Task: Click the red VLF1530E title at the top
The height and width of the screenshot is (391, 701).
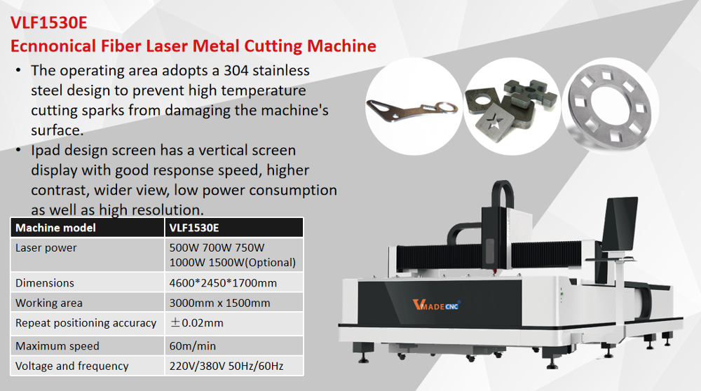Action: [49, 22]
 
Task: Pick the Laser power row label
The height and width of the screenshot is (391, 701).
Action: [46, 248]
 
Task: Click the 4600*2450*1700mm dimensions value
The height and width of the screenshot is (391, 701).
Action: [223, 283]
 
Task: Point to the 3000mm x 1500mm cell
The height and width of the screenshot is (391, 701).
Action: [219, 303]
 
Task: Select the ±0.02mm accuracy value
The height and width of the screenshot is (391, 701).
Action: [196, 322]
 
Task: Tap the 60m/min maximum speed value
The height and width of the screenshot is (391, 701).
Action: [192, 346]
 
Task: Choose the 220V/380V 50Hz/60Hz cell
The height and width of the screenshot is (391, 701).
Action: [226, 366]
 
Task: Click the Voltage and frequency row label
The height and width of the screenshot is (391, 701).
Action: [72, 366]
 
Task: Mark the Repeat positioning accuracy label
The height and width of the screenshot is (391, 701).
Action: [86, 322]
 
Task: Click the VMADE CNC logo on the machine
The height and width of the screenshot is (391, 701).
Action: [436, 305]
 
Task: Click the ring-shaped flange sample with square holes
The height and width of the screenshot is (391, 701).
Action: [611, 107]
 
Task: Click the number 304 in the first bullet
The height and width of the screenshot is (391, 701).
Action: [236, 71]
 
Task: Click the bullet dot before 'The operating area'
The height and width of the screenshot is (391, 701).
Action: [18, 71]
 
